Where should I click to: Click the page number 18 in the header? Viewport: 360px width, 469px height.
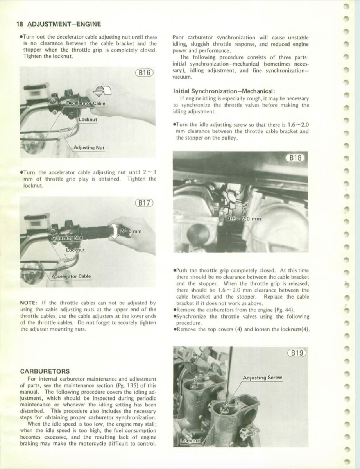[20, 24]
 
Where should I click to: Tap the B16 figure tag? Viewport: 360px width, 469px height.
[144, 73]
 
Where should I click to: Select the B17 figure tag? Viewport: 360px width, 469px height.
[144, 203]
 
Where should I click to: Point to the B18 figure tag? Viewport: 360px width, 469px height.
[295, 158]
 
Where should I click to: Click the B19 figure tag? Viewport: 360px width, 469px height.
[297, 353]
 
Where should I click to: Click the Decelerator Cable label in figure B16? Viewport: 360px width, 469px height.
[86, 103]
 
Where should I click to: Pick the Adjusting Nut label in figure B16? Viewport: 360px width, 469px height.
[89, 148]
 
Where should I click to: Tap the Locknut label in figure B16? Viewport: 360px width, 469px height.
[88, 120]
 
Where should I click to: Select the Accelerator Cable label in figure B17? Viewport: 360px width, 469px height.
[71, 276]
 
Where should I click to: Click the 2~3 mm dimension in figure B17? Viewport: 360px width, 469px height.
[131, 231]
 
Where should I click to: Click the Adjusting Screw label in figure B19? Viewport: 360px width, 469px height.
[262, 378]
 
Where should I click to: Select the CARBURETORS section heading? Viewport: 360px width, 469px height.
[45, 371]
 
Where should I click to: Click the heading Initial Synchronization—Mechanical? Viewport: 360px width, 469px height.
[224, 91]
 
